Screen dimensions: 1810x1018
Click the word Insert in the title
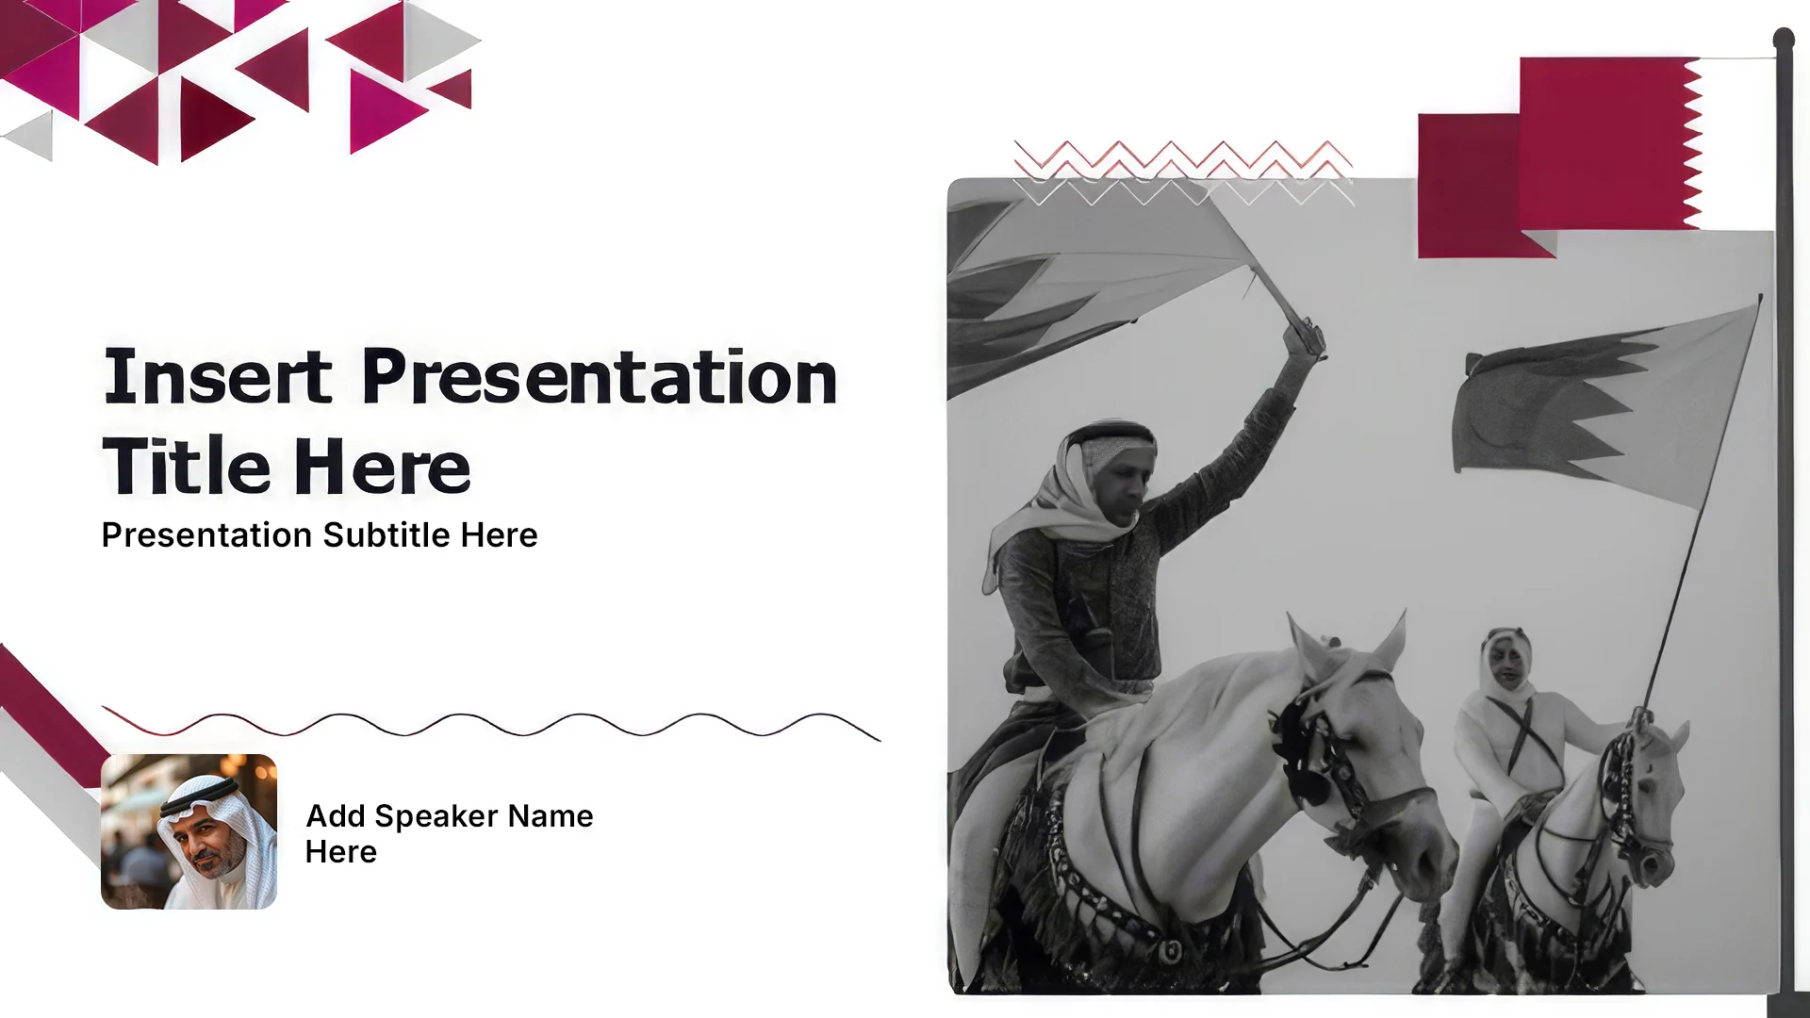218,376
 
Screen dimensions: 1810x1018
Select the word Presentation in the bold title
600,376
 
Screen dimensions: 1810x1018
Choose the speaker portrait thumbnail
189,831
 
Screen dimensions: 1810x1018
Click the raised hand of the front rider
1305,337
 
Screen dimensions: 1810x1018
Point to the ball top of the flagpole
1784,39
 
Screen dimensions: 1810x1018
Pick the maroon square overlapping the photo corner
1480,186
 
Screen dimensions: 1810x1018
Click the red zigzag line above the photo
1183,156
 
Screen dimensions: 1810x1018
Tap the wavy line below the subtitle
491,723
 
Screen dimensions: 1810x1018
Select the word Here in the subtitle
499,534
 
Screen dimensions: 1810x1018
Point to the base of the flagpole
1787,1004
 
